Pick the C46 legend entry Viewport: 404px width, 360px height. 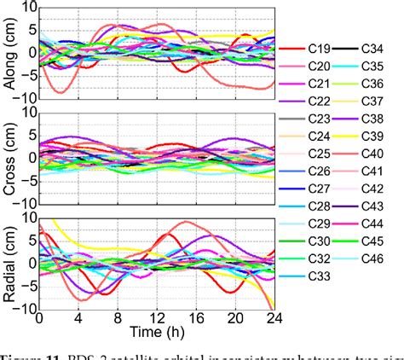pos(373,257)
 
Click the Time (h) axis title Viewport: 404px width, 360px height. pos(157,331)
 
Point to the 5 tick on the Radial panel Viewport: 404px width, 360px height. pos(30,241)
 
